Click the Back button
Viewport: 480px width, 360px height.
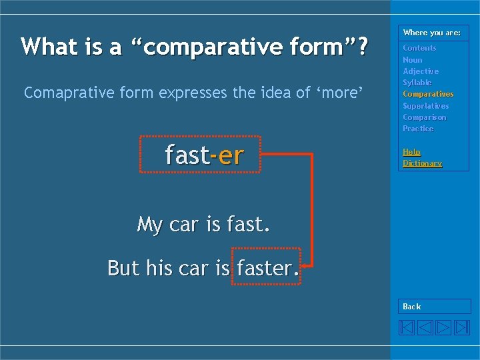(412, 307)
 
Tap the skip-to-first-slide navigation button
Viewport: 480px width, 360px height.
(407, 327)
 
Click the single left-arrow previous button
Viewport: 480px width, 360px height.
(425, 327)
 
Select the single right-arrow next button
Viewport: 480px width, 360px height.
(443, 327)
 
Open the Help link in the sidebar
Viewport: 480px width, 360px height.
(411, 152)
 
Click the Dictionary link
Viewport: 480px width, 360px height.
(422, 163)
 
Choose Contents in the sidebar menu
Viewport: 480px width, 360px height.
(419, 48)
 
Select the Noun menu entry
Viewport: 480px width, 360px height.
(413, 60)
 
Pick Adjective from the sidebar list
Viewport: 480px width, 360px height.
(421, 71)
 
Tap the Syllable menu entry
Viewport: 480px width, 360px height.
(417, 83)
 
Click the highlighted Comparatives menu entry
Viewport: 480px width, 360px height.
(428, 94)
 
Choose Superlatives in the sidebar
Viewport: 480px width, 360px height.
(426, 106)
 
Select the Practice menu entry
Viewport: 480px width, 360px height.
(418, 129)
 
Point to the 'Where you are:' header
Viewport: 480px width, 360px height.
(432, 33)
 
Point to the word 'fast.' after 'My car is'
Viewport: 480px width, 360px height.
(248, 225)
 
